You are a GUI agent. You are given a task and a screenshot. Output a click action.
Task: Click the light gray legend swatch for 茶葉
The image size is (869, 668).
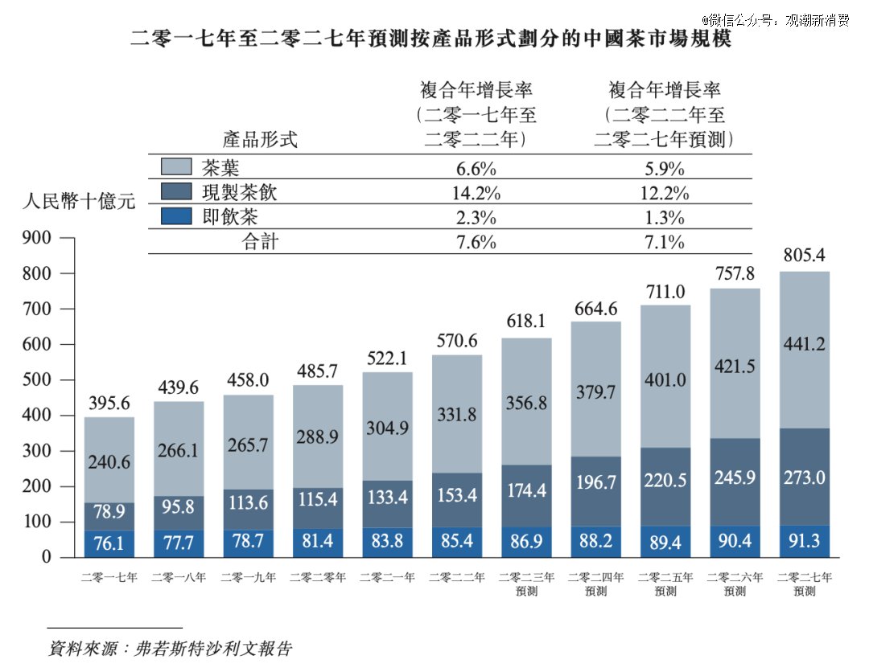176,167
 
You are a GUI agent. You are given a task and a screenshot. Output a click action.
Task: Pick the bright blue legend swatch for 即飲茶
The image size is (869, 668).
176,216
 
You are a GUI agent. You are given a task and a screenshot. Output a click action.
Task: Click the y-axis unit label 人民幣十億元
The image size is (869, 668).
79,201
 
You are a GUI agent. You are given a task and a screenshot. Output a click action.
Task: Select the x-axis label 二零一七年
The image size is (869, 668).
109,577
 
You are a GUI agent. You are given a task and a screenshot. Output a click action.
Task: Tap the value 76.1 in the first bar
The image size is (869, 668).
109,544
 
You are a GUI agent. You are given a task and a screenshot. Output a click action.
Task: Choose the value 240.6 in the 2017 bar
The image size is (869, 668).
109,462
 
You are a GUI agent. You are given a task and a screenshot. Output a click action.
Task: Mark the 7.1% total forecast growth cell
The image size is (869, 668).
663,242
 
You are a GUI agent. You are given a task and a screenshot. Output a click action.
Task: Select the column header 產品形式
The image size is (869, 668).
260,140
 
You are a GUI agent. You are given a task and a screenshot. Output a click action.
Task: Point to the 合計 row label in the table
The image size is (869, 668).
260,242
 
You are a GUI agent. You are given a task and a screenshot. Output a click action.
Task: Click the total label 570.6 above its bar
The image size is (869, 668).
457,340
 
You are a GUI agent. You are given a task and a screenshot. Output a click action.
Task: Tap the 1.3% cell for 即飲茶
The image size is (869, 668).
663,217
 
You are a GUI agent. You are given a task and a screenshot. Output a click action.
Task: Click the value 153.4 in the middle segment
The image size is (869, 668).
457,494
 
